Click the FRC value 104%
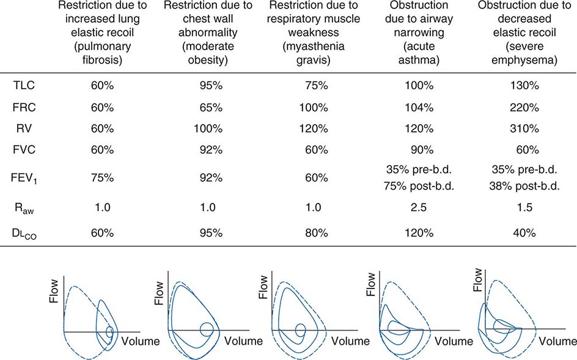418,108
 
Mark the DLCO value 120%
418,233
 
